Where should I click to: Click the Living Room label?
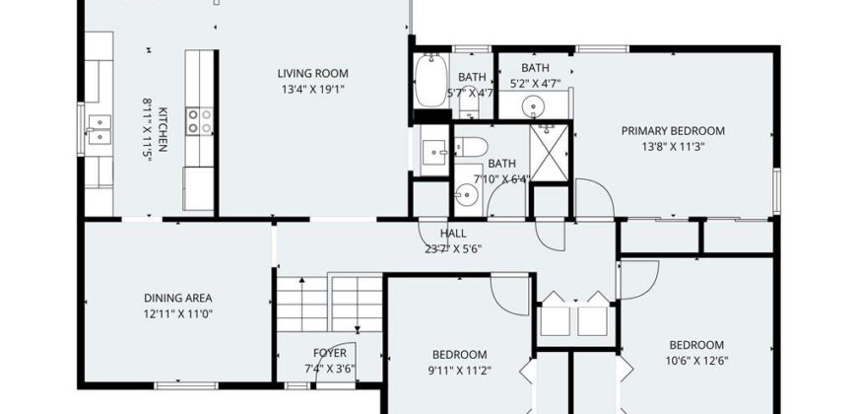312,73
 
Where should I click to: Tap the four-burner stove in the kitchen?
199,121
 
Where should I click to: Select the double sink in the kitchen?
99,129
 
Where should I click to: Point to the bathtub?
430,81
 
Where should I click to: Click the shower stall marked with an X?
550,153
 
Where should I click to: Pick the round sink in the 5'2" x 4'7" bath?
532,106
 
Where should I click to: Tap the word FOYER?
330,352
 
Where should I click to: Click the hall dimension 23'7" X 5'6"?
453,249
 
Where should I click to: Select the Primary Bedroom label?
673,131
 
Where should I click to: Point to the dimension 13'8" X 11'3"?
673,147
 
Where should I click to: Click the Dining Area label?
177,298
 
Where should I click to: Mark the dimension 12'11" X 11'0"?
177,314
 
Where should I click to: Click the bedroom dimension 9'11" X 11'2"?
459,371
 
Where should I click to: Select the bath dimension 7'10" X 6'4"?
501,178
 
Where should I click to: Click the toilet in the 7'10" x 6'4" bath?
471,146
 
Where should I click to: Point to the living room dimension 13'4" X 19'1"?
312,89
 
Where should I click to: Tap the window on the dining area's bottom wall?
186,385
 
